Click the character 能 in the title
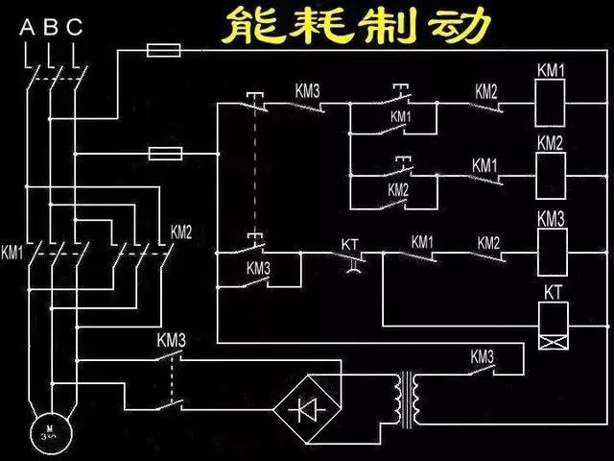(x=245, y=27)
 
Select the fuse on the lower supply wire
(x=165, y=153)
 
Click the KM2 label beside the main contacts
(x=181, y=231)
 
